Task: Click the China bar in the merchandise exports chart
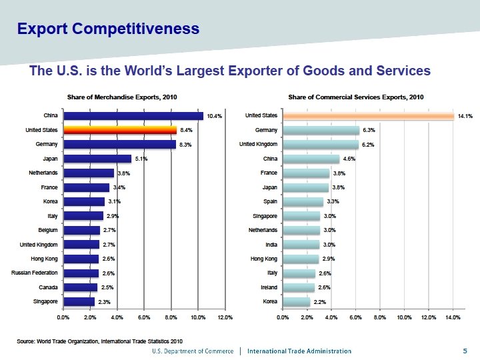(133, 116)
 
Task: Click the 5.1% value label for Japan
(141, 159)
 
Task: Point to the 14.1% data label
(465, 116)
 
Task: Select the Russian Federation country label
(35, 273)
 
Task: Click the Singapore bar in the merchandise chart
(79, 301)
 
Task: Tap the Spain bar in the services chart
(303, 201)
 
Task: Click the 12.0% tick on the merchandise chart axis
(225, 317)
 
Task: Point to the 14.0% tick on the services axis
(452, 317)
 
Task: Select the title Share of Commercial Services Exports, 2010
(356, 97)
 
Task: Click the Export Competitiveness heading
(108, 29)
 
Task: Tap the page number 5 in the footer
(465, 351)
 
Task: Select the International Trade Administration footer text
(299, 351)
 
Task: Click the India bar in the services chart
(301, 245)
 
